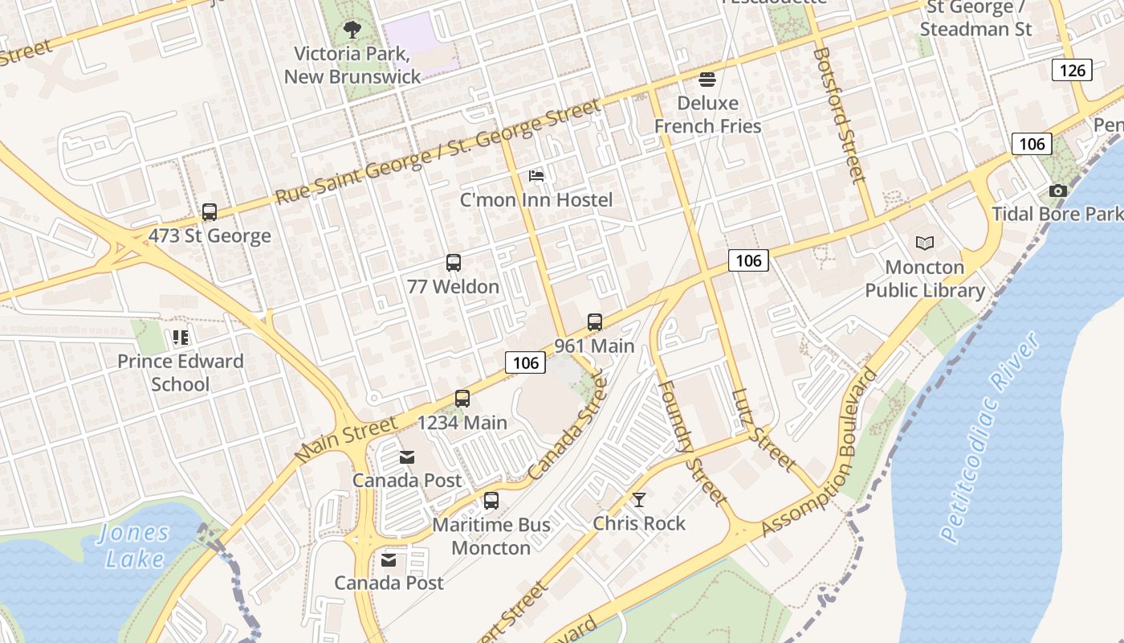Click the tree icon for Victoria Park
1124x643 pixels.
coord(352,31)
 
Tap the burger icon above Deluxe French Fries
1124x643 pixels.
coord(707,79)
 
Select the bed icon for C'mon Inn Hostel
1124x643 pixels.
coord(536,176)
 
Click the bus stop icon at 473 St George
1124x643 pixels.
coord(210,212)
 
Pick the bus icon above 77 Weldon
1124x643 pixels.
coord(454,263)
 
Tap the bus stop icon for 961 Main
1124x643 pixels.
coord(595,322)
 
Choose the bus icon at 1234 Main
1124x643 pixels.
coord(462,399)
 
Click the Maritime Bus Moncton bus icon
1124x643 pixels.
coord(491,501)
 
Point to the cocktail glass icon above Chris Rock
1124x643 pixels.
coord(639,500)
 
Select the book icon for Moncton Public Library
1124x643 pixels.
coord(925,243)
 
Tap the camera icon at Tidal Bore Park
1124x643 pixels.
coord(1058,190)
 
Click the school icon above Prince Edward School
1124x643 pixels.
coord(181,338)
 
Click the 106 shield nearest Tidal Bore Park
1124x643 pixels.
coord(1032,144)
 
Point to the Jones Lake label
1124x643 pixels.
coord(134,546)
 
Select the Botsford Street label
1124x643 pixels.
coord(840,115)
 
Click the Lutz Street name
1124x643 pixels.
coord(764,432)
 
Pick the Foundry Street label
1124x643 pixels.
coord(692,442)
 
